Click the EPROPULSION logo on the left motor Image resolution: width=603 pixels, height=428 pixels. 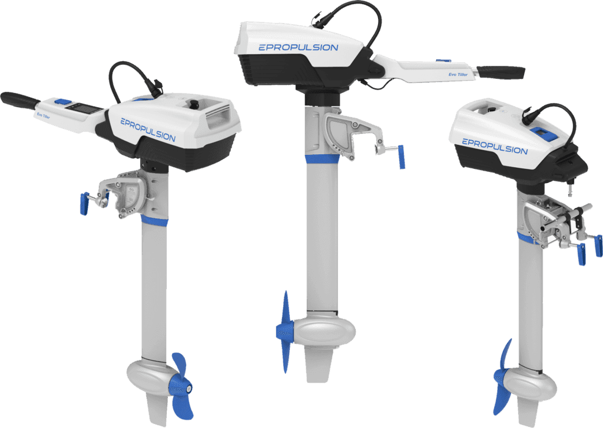(x=148, y=130)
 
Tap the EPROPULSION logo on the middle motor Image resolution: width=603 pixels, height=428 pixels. (x=299, y=48)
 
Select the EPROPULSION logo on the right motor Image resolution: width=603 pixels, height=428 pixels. (x=495, y=147)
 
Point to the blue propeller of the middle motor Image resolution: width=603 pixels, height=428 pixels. (x=284, y=331)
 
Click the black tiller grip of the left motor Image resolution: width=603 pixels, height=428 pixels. (x=19, y=99)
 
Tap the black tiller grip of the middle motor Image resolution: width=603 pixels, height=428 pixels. (x=501, y=72)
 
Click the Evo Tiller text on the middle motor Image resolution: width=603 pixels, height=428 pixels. (x=458, y=75)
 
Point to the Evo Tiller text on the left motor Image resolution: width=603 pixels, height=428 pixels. (x=43, y=115)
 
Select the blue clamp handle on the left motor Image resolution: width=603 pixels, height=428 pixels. (x=84, y=204)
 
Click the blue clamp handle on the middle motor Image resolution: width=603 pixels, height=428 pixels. (x=401, y=157)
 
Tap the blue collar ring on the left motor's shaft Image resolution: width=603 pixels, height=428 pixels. (x=154, y=221)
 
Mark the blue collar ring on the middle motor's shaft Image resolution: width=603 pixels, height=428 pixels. (x=322, y=159)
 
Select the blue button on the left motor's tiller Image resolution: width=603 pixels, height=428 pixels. (x=62, y=102)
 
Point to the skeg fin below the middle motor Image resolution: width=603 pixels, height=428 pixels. (x=319, y=363)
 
